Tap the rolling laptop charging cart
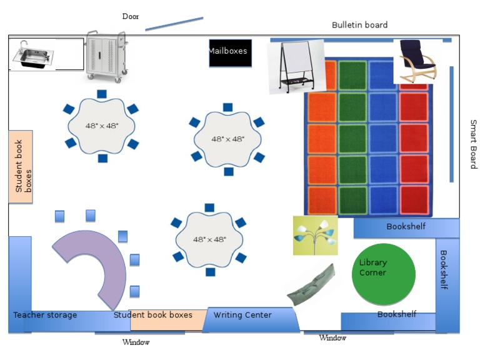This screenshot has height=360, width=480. [x=106, y=56]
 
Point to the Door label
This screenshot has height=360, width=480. [x=131, y=16]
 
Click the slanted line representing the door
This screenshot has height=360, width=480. [x=174, y=23]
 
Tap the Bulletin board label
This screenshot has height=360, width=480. [x=359, y=25]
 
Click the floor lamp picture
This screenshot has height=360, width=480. [x=315, y=235]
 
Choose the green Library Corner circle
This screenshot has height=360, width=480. [x=383, y=274]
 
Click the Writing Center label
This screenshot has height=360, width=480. [x=242, y=315]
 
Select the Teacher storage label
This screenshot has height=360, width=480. [x=45, y=315]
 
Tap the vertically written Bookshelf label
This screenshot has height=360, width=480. [x=443, y=270]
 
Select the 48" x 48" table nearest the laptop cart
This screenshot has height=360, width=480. [x=102, y=126]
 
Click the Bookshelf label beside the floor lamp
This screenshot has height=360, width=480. [x=406, y=226]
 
